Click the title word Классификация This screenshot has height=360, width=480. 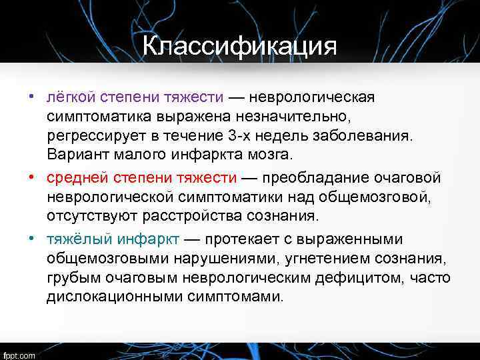[239, 47]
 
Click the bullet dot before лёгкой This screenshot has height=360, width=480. [31, 97]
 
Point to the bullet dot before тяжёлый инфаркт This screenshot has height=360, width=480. [31, 238]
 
